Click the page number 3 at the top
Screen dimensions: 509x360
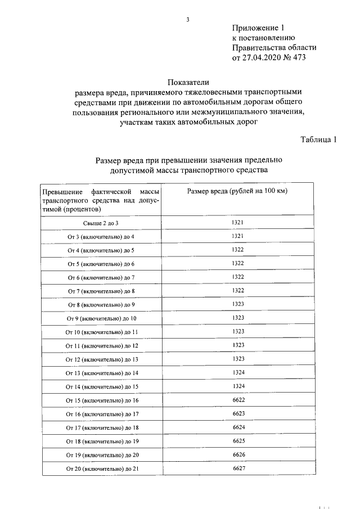pyautogui.click(x=188, y=21)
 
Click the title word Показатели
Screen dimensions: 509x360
pyautogui.click(x=188, y=82)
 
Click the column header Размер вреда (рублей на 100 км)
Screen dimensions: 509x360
pyautogui.click(x=237, y=192)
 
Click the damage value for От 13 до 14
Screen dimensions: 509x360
pyautogui.click(x=237, y=372)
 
